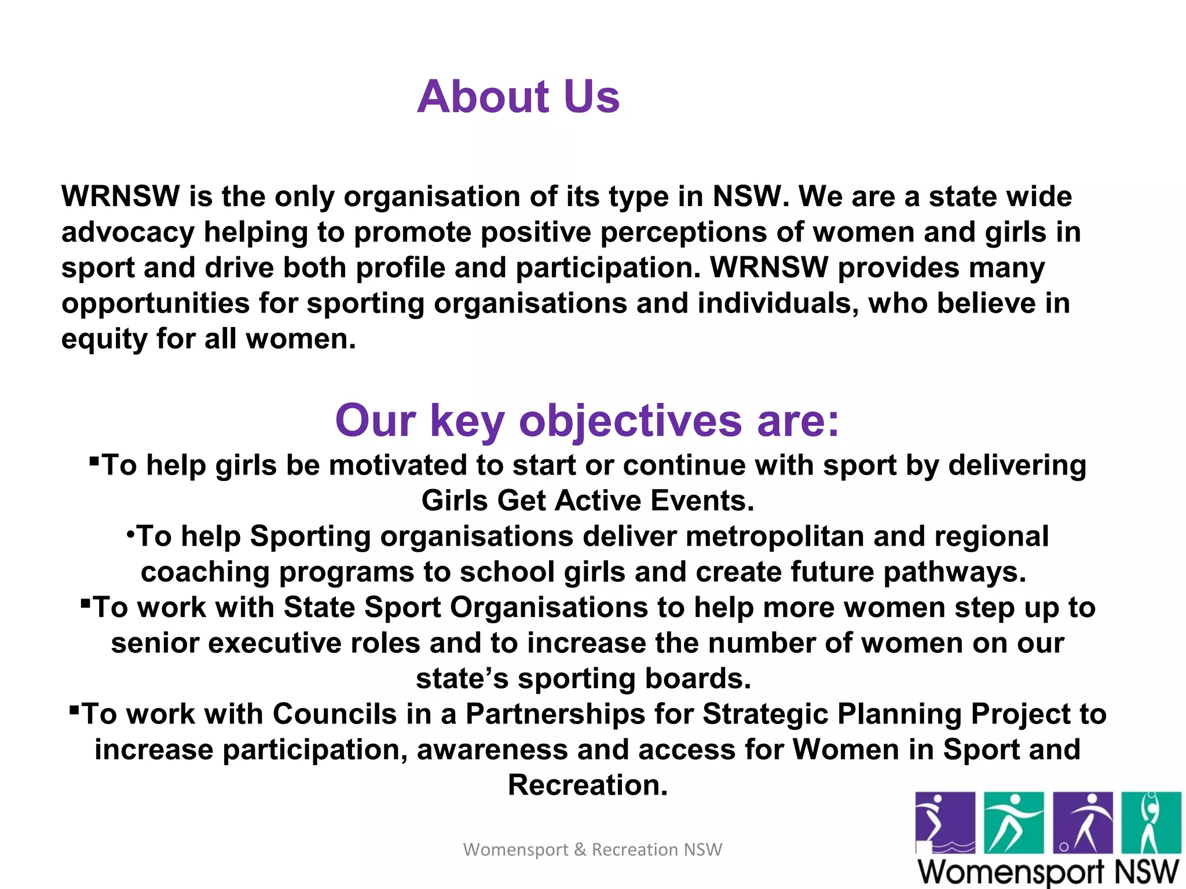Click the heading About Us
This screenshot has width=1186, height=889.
point(518,96)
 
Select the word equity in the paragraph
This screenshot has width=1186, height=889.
point(104,340)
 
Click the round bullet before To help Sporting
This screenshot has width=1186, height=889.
point(130,532)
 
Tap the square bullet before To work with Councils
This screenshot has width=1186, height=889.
point(74,709)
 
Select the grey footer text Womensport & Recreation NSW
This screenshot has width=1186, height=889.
point(592,850)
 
